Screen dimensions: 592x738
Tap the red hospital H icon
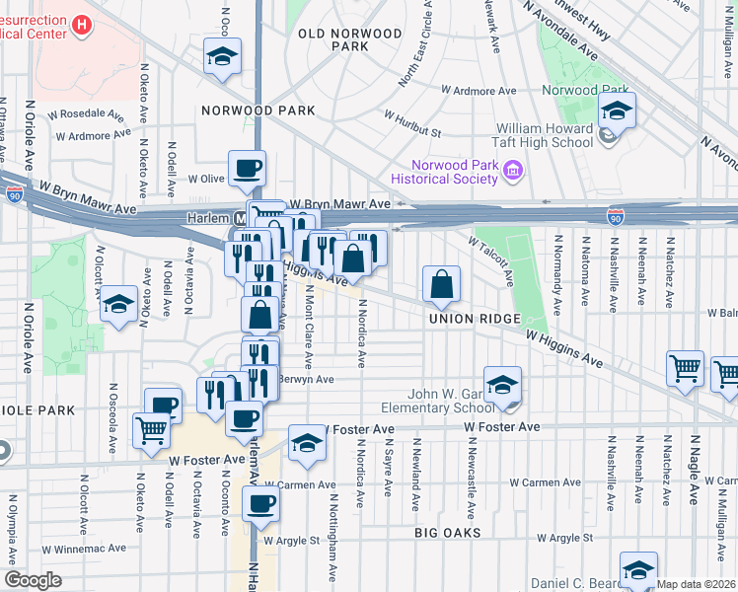[83, 24]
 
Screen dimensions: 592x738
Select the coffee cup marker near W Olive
[247, 168]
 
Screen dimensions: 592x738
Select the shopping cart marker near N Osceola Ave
[151, 430]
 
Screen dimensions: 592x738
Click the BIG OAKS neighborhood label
[448, 533]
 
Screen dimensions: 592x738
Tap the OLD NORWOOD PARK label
[351, 39]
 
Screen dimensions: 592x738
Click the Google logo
[33, 580]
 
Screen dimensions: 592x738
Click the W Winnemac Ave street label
[83, 548]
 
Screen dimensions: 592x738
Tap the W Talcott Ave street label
[490, 257]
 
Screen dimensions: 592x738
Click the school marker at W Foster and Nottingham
[307, 445]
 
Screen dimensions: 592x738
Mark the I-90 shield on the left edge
[14, 194]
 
